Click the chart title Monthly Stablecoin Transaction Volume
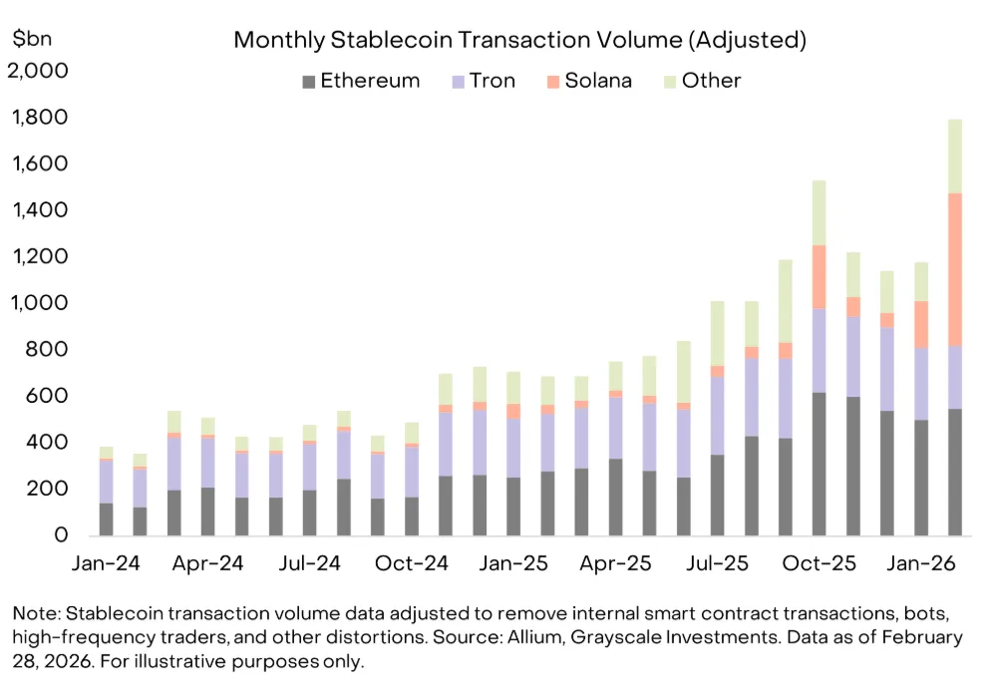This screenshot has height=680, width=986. [x=518, y=41]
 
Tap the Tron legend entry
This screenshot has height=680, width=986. [x=484, y=81]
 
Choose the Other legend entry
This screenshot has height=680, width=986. [x=711, y=81]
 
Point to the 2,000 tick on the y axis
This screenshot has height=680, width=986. [x=38, y=72]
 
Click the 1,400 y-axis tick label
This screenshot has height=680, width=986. [x=38, y=210]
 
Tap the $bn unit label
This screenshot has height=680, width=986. [x=33, y=39]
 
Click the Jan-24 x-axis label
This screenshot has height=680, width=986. [x=107, y=563]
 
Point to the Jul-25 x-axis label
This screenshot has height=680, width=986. [x=719, y=563]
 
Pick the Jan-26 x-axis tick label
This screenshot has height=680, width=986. [x=923, y=563]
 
